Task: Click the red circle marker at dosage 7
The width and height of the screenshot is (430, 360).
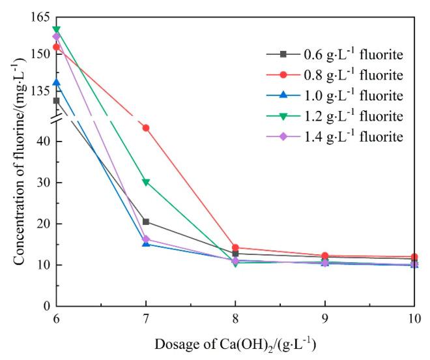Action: pos(146,128)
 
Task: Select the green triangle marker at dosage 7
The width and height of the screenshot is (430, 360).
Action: pos(146,182)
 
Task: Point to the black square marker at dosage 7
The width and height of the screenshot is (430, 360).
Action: pos(146,222)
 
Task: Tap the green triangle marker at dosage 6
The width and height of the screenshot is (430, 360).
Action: pos(57,29)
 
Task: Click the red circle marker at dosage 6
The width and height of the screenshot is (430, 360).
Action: pos(57,47)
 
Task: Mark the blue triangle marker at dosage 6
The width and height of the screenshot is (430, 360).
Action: pos(57,82)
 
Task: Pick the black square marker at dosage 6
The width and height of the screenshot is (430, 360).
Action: pos(57,100)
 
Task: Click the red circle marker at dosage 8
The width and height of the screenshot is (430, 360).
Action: pos(235,248)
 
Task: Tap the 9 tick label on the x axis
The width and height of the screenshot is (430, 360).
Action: pos(325,320)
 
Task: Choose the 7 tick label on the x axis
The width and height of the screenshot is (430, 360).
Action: pos(146,320)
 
